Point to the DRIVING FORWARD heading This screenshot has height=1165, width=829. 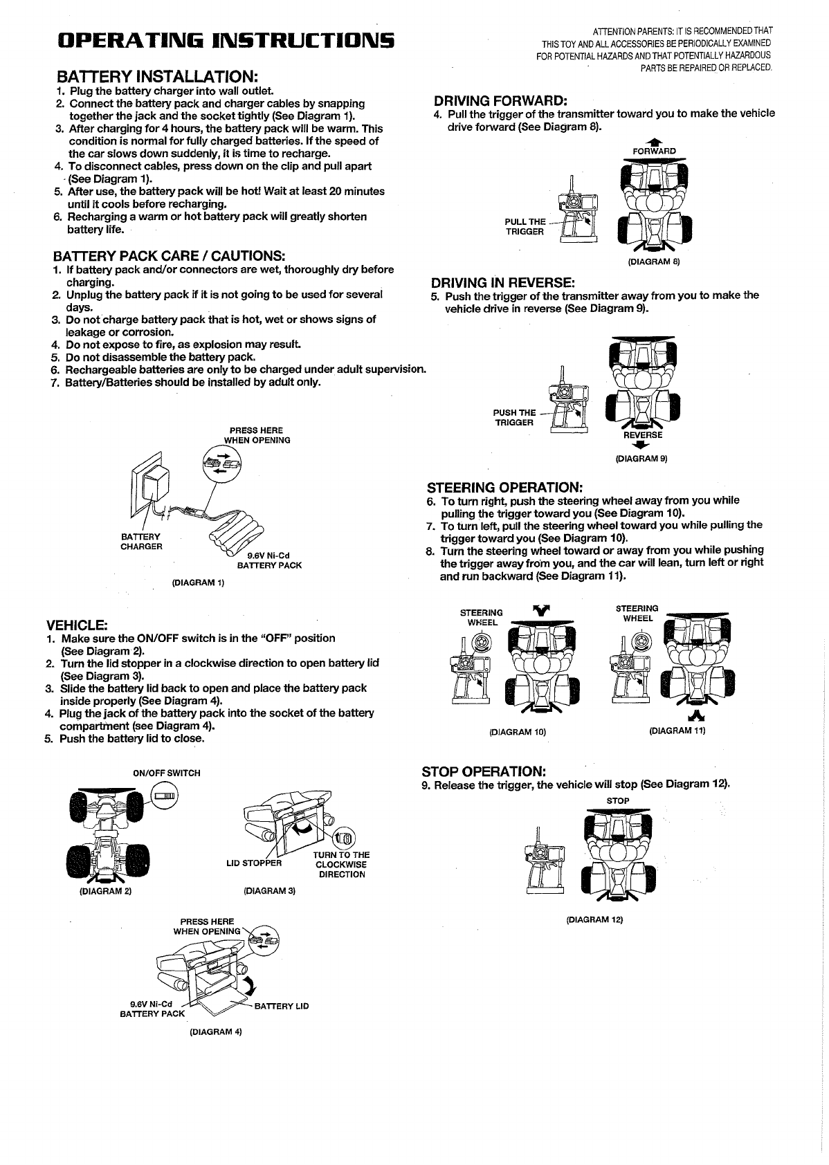click(x=500, y=101)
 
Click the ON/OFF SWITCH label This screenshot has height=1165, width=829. click(x=167, y=773)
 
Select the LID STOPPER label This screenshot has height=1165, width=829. click(x=254, y=863)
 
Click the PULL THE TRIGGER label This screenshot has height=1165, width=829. click(x=525, y=227)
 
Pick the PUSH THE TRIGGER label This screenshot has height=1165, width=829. click(x=515, y=418)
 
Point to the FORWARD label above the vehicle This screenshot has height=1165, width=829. click(x=654, y=151)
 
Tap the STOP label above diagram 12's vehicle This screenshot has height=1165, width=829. click(x=618, y=800)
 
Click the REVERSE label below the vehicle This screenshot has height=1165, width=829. click(x=643, y=435)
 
